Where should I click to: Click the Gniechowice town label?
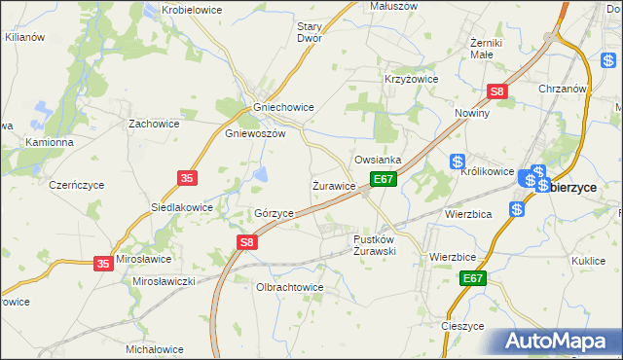282,107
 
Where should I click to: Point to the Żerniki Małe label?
485,49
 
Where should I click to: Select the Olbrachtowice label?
289,288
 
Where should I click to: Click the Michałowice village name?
155,348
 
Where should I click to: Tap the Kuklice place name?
589,261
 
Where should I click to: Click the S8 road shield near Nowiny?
497,92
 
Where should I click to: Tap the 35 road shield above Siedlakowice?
188,178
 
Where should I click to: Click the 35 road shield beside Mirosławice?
104,263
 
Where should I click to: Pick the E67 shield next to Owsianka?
384,180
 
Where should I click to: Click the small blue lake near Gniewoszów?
262,174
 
